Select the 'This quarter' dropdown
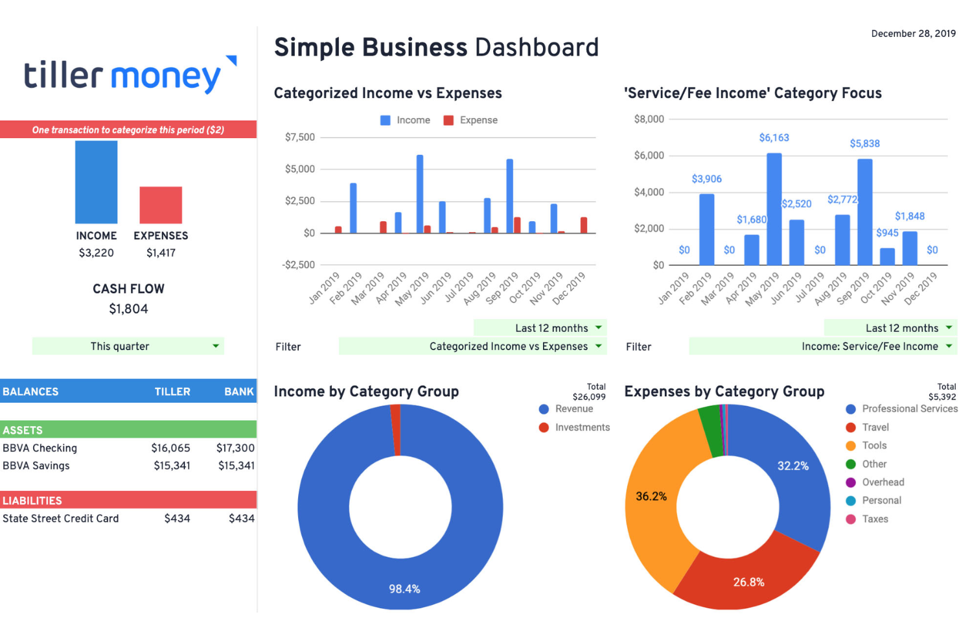pos(128,346)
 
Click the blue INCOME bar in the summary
pos(96,182)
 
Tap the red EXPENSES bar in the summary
pos(161,205)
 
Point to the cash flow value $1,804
pos(128,309)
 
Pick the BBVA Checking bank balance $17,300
pos(235,448)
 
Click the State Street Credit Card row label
pos(61,519)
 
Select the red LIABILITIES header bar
pos(128,501)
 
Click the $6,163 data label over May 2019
pos(774,138)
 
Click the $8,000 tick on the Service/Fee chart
pos(649,119)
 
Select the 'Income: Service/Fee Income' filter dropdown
pos(823,347)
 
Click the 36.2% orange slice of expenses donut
pos(651,497)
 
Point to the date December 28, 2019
pos(913,34)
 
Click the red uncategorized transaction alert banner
pos(128,130)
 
